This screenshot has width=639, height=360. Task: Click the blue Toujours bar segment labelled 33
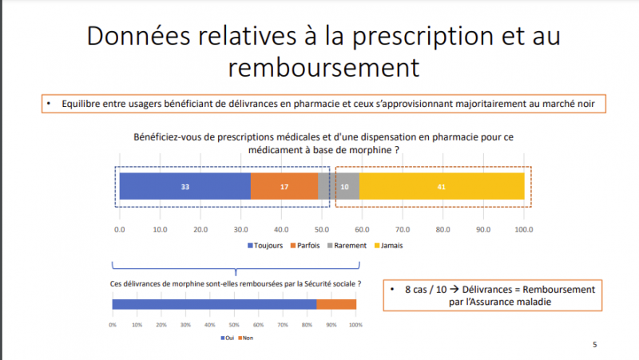coord(185,186)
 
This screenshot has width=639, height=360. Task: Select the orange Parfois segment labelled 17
coord(284,186)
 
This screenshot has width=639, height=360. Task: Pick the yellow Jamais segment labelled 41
coord(442,186)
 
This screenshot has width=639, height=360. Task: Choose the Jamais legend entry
coord(389,245)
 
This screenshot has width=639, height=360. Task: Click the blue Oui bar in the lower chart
coord(214,303)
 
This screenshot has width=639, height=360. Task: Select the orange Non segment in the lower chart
coord(336,303)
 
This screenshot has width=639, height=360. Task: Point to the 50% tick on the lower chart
coord(234,325)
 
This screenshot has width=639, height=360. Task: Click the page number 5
coord(594,344)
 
